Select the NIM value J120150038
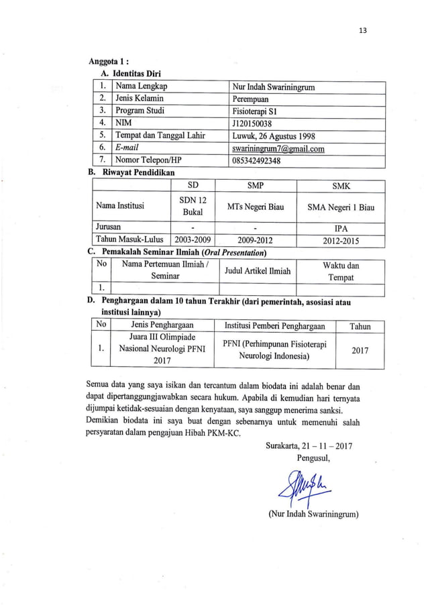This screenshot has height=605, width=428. coord(253,123)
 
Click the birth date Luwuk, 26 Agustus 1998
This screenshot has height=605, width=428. coord(272,136)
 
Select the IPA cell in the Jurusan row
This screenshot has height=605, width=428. coord(341,229)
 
